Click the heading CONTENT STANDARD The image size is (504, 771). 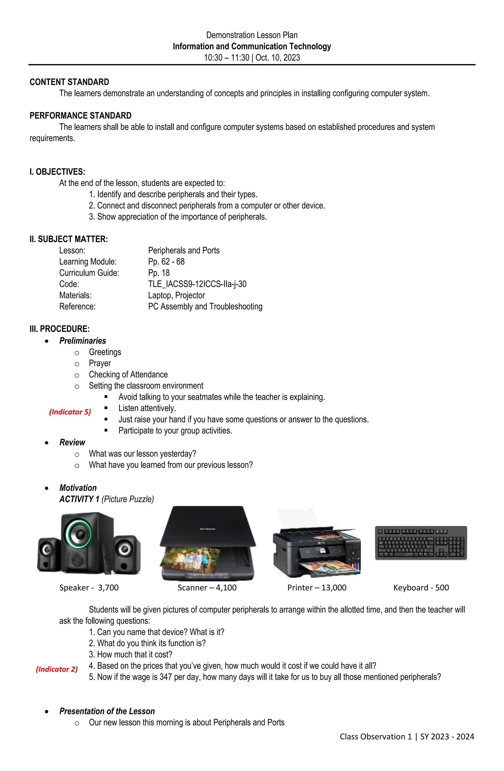pyautogui.click(x=69, y=82)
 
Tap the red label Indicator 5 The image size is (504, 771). pyautogui.click(x=70, y=412)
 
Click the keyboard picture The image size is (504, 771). pyautogui.click(x=421, y=543)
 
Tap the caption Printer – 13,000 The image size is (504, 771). pyautogui.click(x=317, y=587)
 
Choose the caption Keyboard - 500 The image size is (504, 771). pyautogui.click(x=421, y=587)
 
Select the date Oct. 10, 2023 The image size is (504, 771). pyautogui.click(x=278, y=58)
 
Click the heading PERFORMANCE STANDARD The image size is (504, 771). pyautogui.click(x=80, y=116)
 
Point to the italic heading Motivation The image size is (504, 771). pyautogui.click(x=78, y=488)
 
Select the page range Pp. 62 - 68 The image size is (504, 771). pyautogui.click(x=166, y=261)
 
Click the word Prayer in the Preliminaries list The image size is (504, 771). pyautogui.click(x=100, y=363)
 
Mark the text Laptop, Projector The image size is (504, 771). pyautogui.click(x=176, y=295)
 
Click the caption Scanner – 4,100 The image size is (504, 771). pyautogui.click(x=207, y=587)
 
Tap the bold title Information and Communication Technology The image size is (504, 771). pyautogui.click(x=252, y=46)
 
